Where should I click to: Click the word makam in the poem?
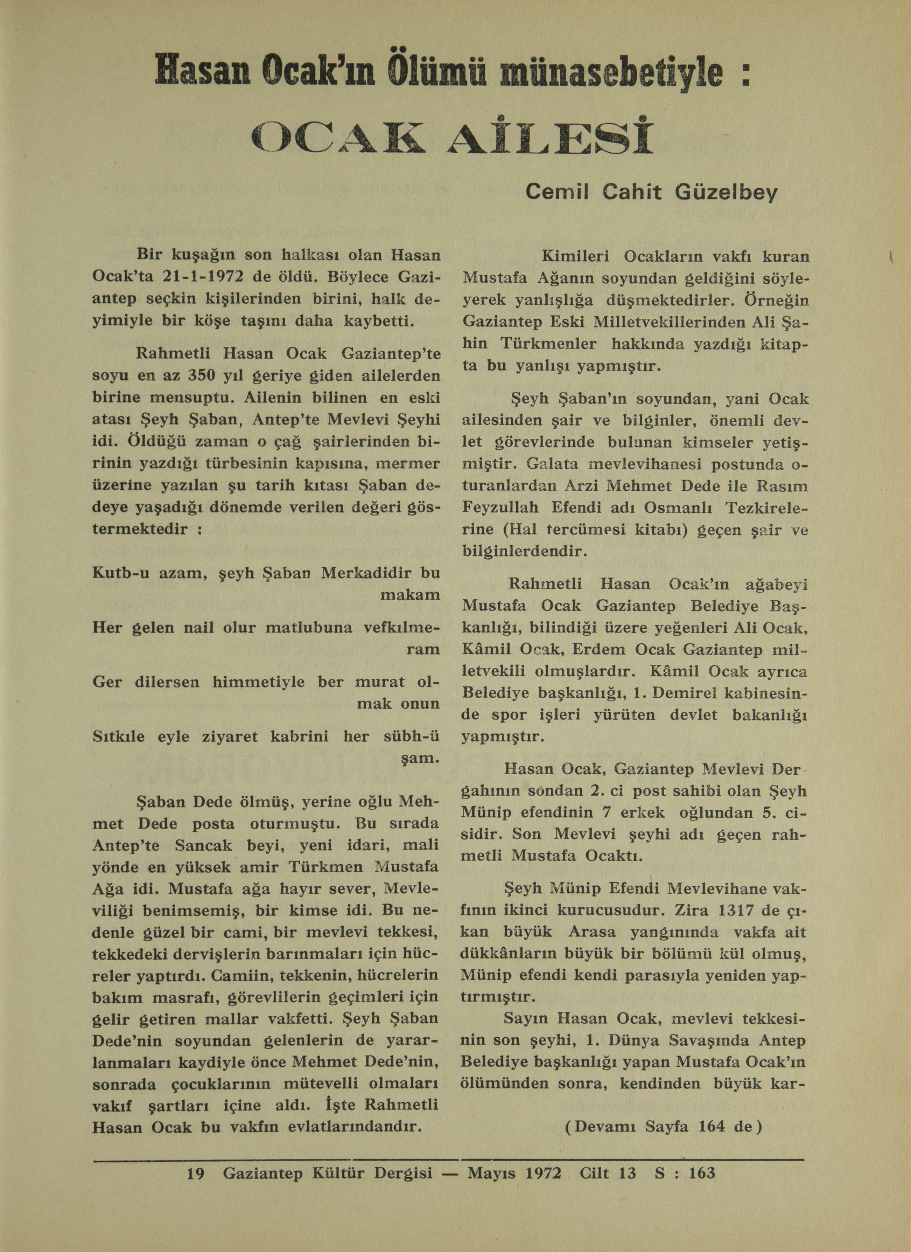click(x=410, y=595)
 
